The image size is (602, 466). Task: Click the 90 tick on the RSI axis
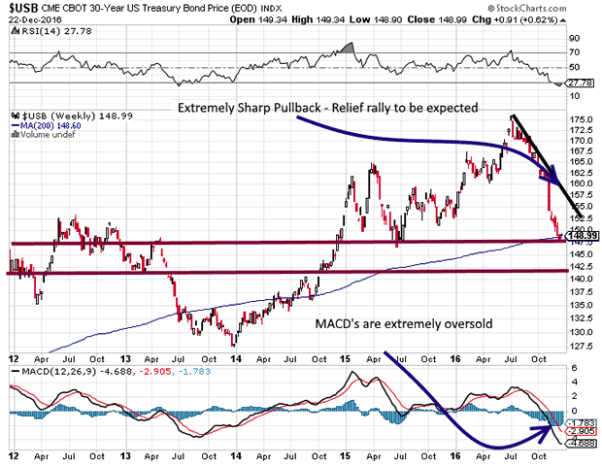574,39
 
